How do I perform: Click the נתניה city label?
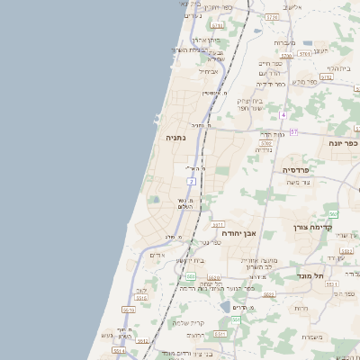(175, 139)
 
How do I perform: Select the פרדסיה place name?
(295, 169)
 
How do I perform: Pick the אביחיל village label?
(208, 71)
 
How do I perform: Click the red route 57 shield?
(293, 132)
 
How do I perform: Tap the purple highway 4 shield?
(283, 115)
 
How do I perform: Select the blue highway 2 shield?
(192, 182)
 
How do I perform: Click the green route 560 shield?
(333, 213)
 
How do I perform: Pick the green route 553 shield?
(191, 276)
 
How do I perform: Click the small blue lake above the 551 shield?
(224, 307)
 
